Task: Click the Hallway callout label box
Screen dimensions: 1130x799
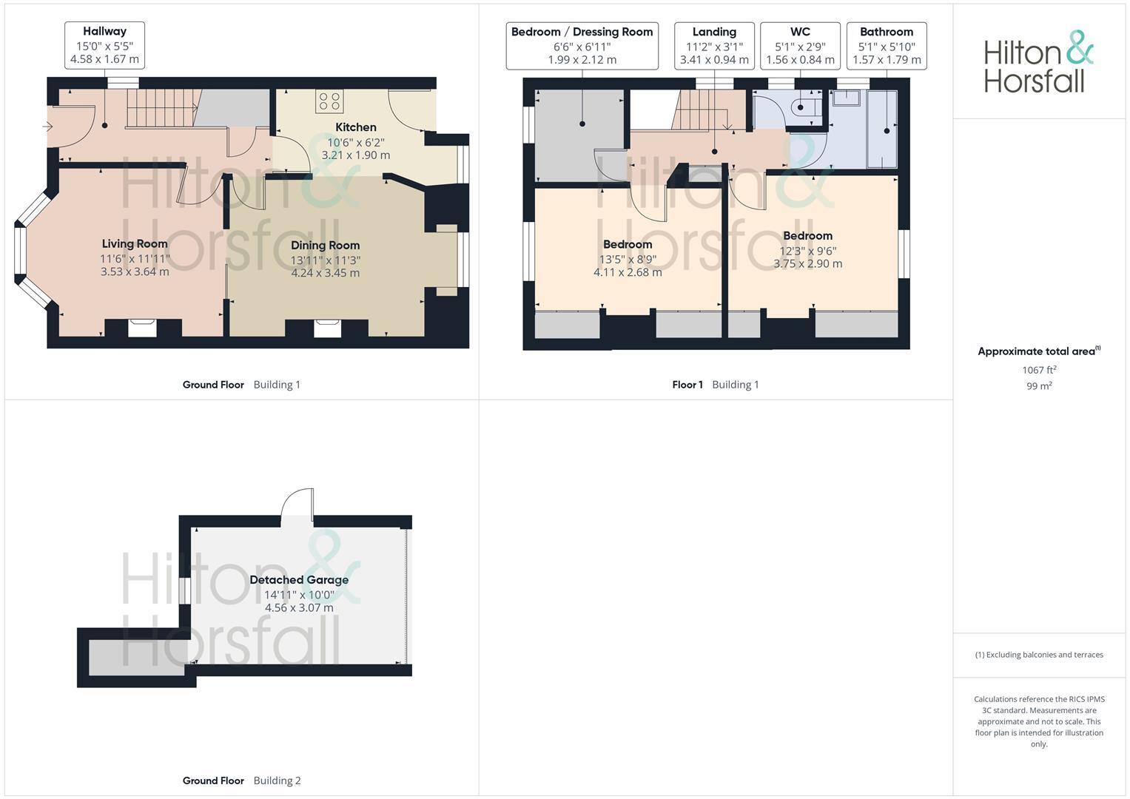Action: point(105,45)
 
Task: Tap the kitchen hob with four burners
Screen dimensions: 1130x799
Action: point(329,101)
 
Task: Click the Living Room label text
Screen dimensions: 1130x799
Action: point(135,243)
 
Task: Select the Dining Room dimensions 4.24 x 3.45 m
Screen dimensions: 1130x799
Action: point(326,273)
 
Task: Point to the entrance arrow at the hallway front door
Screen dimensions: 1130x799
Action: point(48,127)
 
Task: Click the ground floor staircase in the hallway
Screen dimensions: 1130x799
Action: point(161,109)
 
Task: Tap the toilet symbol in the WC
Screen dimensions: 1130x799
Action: point(806,107)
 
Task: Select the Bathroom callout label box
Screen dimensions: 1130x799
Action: point(887,45)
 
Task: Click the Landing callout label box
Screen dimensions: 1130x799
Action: point(714,45)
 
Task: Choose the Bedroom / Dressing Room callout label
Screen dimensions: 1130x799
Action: point(582,45)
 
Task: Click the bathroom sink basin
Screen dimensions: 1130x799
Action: point(847,98)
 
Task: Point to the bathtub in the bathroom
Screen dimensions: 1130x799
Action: point(882,129)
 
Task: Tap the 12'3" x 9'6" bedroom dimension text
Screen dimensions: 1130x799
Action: point(807,251)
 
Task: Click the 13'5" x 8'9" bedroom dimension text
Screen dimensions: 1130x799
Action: point(628,259)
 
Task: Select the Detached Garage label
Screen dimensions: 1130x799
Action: point(299,579)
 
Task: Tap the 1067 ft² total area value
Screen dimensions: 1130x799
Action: point(1039,370)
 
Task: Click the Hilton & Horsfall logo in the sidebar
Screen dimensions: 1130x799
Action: point(1038,61)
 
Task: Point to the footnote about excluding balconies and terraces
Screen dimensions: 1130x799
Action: point(1039,655)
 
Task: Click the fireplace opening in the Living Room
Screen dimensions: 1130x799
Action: point(142,328)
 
